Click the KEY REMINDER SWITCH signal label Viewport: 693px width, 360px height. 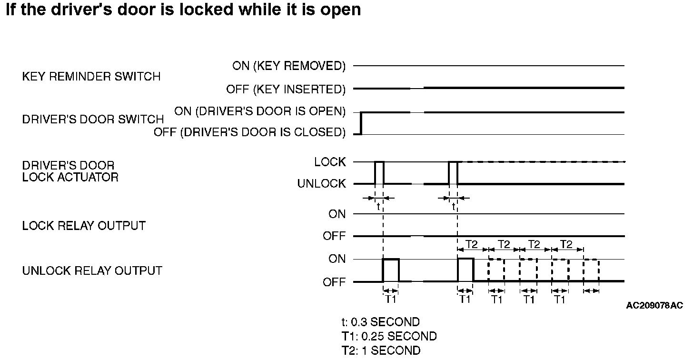91,76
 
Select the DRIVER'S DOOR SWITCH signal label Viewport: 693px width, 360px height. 93,119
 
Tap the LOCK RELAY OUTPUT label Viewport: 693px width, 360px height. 84,225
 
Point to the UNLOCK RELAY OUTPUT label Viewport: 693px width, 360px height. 92,271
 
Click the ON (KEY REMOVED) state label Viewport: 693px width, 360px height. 289,66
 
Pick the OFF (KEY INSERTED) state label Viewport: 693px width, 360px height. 286,89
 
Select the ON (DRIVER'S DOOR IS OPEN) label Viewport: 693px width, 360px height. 260,111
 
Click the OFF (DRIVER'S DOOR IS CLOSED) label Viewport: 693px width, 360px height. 249,132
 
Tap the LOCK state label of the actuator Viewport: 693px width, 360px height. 330,162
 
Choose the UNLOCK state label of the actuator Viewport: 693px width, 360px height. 322,184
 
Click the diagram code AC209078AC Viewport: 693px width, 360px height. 654,305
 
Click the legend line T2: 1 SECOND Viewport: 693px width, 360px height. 381,351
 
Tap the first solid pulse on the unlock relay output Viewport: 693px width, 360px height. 391,270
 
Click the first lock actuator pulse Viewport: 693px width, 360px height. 379,172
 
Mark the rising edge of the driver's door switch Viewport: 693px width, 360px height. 361,123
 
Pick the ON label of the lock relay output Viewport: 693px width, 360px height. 337,214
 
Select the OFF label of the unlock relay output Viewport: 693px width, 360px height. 334,282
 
